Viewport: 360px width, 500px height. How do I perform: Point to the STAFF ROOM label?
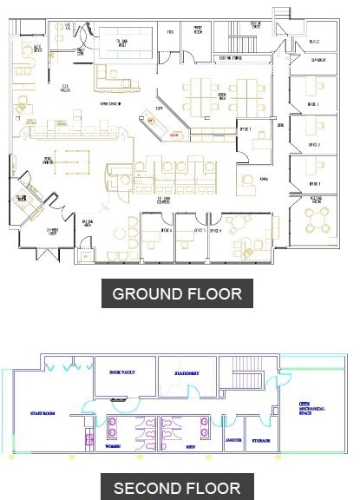(x=43, y=414)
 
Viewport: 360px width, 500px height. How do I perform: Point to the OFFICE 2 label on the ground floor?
(x=314, y=145)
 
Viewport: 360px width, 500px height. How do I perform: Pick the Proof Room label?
(x=198, y=31)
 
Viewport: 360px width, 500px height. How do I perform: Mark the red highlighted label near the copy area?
(x=174, y=135)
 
